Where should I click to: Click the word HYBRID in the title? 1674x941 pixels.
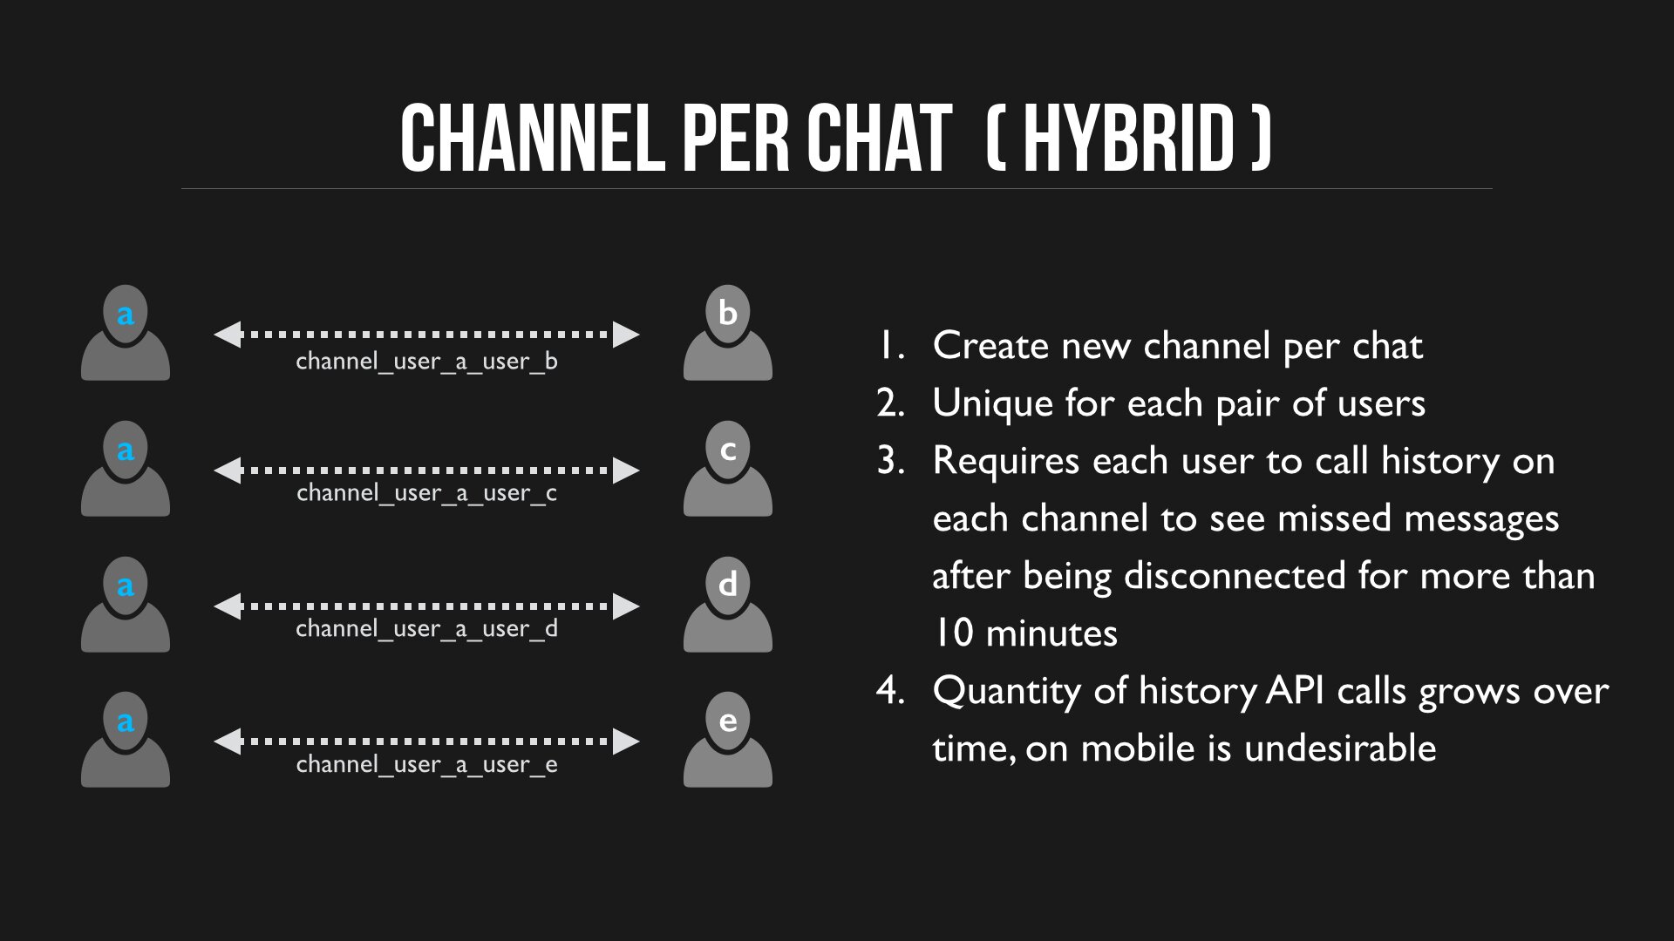coord(1129,138)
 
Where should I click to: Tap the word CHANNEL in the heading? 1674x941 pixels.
coord(532,138)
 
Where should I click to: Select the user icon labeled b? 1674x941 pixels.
coord(728,332)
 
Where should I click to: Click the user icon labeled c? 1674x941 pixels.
coord(728,468)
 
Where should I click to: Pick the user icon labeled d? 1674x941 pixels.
coord(728,604)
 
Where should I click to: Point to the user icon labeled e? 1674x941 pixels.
coord(728,739)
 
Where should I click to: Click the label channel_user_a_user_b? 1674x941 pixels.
coord(426,362)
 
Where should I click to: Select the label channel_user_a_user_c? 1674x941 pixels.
coord(426,493)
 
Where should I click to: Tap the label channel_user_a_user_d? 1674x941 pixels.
coord(426,629)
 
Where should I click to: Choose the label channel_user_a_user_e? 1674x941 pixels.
coord(426,765)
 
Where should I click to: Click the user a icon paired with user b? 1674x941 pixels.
coord(126,332)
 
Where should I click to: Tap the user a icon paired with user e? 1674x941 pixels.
coord(126,739)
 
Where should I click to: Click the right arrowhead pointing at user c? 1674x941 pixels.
coord(626,470)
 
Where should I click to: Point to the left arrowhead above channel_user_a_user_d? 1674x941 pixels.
coord(228,606)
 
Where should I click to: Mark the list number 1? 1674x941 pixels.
coord(890,346)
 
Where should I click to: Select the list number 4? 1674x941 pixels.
coord(890,691)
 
